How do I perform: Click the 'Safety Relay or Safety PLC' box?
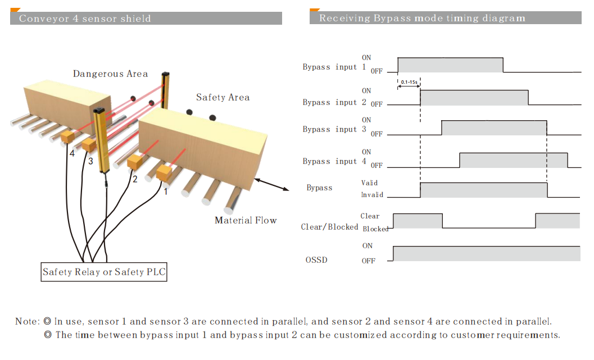coord(105,272)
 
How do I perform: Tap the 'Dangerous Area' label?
coord(110,74)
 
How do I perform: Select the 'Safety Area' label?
coord(223,97)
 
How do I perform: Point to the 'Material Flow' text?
coord(246,220)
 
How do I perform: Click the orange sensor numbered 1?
coord(164,174)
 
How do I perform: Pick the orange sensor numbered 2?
coord(135,163)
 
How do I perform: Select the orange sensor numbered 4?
coord(68,136)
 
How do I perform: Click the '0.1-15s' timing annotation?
coord(409,83)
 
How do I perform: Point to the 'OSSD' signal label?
coord(316,260)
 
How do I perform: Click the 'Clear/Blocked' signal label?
coord(329,227)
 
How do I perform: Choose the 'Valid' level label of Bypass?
coord(369,183)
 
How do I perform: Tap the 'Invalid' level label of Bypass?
coord(372,195)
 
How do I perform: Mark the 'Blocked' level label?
coord(375,229)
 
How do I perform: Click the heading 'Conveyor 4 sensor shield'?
coord(85,18)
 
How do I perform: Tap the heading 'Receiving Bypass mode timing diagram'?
coord(422,18)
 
